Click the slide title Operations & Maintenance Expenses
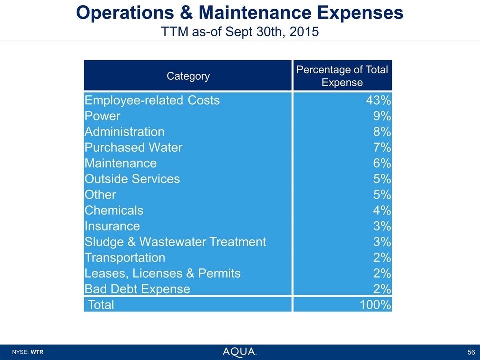pos(239,13)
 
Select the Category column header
pos(188,76)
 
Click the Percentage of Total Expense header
pos(342,76)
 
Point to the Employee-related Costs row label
pos(152,100)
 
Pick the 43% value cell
pos(378,100)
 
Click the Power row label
pos(103,116)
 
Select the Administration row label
pos(125,132)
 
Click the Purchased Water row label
pos(134,148)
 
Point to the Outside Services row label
pos(132,179)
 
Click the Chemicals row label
pos(114,210)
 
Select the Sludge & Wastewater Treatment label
pos(175,242)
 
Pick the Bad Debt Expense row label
pos(137,289)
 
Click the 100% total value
pos(375,304)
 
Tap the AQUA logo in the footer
pos(240,352)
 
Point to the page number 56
pos(471,352)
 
